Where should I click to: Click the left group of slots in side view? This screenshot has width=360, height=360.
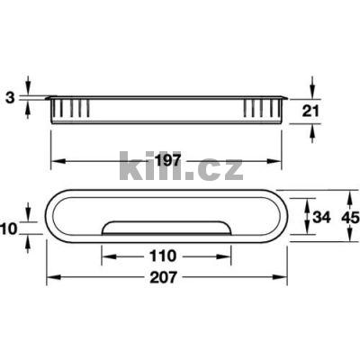(72, 110)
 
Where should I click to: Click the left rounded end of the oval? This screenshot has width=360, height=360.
(54, 216)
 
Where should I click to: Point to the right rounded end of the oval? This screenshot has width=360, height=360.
(281, 216)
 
